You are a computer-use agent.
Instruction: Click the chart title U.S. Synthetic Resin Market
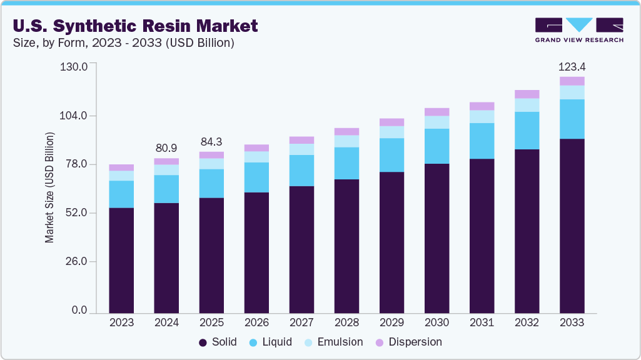(134, 26)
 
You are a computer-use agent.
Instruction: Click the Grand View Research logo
(578, 30)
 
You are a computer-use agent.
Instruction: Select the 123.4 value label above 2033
(572, 67)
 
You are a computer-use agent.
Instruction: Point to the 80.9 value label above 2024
(166, 148)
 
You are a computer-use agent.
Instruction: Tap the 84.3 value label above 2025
(211, 142)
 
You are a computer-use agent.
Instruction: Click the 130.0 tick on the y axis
(74, 67)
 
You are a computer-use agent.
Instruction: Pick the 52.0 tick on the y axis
(76, 213)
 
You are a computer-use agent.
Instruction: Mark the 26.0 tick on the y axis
(76, 261)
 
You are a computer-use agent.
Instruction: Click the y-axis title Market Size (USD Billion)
(49, 187)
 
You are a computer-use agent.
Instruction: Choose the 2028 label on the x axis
(346, 323)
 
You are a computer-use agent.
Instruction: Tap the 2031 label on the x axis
(482, 323)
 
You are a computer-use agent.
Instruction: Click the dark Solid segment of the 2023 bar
(121, 260)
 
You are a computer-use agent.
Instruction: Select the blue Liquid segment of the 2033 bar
(572, 119)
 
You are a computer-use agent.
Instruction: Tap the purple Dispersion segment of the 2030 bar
(437, 112)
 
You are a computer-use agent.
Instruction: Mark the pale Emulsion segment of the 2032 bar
(527, 105)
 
